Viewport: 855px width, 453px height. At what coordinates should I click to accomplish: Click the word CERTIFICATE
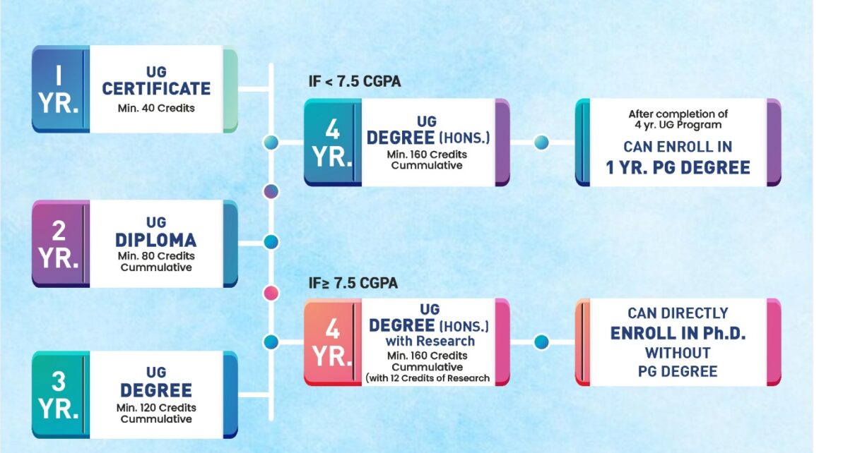click(156, 89)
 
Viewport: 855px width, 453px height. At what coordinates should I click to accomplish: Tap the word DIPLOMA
click(156, 241)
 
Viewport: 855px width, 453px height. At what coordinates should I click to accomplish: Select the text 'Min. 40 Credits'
click(156, 108)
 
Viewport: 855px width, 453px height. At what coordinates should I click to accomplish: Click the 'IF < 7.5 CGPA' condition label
click(355, 81)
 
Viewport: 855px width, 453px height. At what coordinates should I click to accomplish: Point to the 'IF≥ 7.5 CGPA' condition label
click(353, 283)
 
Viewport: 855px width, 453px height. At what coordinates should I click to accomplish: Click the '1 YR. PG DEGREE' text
click(678, 168)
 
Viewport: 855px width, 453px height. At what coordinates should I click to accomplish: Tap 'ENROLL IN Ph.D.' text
click(678, 333)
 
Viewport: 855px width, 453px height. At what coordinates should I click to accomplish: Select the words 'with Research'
click(430, 341)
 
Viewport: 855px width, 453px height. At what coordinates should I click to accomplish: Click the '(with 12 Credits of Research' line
click(427, 378)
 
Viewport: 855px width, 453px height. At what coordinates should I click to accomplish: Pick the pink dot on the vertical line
click(271, 294)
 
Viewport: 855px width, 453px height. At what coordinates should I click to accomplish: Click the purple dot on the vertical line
click(271, 191)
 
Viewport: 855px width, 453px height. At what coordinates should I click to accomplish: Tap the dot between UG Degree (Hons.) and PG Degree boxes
click(541, 143)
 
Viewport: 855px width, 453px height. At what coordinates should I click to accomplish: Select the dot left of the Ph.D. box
click(541, 342)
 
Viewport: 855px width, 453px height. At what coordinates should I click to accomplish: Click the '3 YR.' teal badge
click(60, 395)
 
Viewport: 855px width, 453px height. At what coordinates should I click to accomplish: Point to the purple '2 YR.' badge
click(60, 243)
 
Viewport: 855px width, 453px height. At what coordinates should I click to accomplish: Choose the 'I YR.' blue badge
click(60, 89)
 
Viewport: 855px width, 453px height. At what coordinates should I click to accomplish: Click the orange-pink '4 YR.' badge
click(332, 342)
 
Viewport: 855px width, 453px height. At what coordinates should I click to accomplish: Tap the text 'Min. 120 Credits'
click(156, 408)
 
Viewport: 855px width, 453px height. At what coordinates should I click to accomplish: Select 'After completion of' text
click(678, 114)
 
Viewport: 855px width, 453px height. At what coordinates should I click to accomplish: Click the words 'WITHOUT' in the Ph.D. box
click(678, 353)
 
